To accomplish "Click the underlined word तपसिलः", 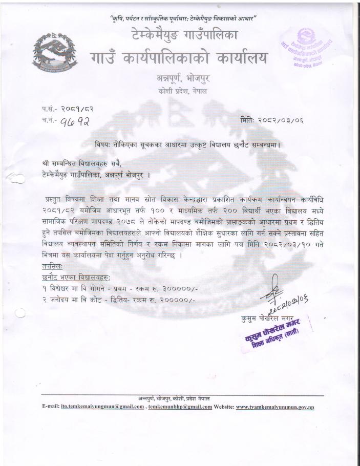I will pos(53,267).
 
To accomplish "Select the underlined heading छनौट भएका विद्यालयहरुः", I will pos(77,278).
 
